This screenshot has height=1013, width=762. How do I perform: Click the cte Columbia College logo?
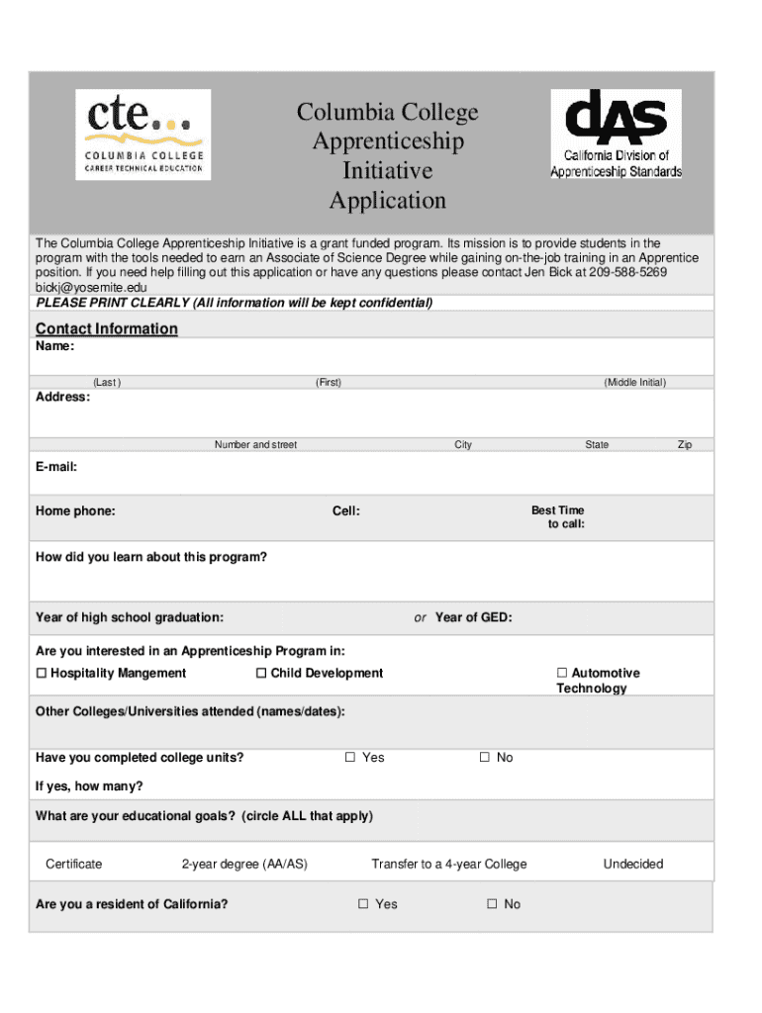pos(143,134)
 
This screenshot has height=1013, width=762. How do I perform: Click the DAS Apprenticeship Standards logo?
pos(616,134)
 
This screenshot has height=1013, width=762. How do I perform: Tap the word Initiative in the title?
pos(387,171)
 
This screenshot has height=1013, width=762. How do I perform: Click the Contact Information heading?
pos(107,328)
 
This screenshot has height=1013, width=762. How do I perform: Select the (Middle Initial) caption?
pos(635,382)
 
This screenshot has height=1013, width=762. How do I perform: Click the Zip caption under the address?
pos(685,445)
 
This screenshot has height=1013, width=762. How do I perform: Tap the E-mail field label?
pos(56,466)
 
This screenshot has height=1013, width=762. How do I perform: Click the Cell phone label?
pos(346,510)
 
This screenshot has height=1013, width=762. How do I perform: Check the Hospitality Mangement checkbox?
pos(42,674)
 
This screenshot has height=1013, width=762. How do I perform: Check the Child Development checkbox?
pos(262,674)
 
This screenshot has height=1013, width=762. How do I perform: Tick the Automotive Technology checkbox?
pos(562,674)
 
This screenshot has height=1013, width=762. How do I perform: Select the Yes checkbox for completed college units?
pos(350,758)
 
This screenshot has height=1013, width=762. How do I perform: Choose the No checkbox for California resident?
pos(492,904)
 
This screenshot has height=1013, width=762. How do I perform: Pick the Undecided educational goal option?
pos(633,864)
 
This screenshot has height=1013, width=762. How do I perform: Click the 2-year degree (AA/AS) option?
pos(244,864)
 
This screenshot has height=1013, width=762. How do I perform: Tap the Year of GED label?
pos(473,617)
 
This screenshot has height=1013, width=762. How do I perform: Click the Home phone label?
pos(75,510)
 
